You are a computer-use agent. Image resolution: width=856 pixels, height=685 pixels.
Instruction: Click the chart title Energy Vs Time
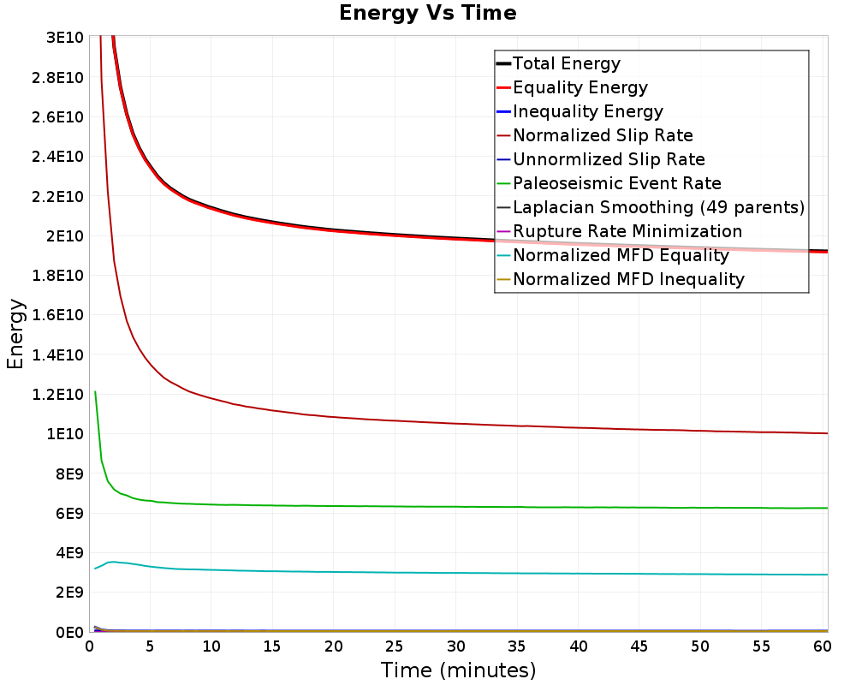428,14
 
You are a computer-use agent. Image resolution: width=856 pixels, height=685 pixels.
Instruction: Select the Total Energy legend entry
566,63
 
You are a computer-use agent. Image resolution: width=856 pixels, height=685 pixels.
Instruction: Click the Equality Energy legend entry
580,87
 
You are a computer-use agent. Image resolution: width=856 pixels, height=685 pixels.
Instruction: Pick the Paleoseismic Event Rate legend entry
616,183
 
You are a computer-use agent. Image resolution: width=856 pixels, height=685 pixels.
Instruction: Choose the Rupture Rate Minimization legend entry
627,231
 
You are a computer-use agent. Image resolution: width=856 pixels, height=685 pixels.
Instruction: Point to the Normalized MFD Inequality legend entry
628,279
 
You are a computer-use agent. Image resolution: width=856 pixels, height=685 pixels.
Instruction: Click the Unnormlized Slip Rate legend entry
609,159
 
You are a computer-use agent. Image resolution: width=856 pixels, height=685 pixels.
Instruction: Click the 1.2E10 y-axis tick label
56,395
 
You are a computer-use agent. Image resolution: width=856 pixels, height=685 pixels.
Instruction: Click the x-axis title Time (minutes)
458,670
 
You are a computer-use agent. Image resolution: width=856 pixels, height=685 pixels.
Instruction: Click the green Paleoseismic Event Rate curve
428,506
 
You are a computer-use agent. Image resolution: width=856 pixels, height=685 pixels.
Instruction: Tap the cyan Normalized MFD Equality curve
428,572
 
